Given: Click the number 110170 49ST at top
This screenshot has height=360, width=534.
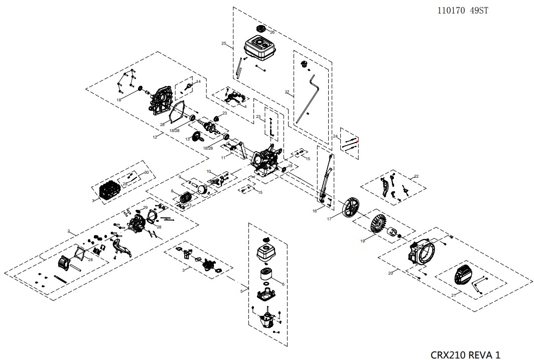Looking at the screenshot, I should tap(463, 11).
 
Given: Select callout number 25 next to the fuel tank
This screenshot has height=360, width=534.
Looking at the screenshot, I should tap(224, 44).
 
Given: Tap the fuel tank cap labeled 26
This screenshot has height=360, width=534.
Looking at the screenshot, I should tap(261, 29).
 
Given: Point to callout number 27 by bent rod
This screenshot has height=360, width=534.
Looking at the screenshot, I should tap(287, 92).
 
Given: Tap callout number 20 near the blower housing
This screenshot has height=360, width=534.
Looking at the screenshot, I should tap(390, 273).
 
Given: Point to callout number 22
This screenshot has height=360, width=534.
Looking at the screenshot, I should tap(416, 176).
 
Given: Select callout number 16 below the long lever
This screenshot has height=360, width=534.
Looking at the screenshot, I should tap(315, 211).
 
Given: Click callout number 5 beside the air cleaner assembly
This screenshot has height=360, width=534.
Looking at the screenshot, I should tap(241, 291).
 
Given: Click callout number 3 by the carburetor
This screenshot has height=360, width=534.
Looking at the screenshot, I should tap(183, 270).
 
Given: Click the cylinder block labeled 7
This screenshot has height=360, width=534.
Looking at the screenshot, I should tap(109, 191).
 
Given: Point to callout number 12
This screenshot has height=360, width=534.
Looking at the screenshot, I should tap(155, 137).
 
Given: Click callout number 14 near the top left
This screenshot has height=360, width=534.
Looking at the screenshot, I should tap(198, 81).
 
